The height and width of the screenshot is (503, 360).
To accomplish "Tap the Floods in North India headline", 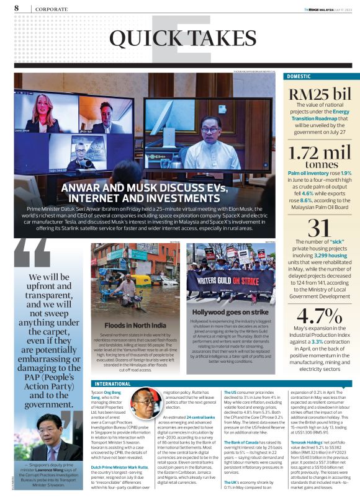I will (135, 325).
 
